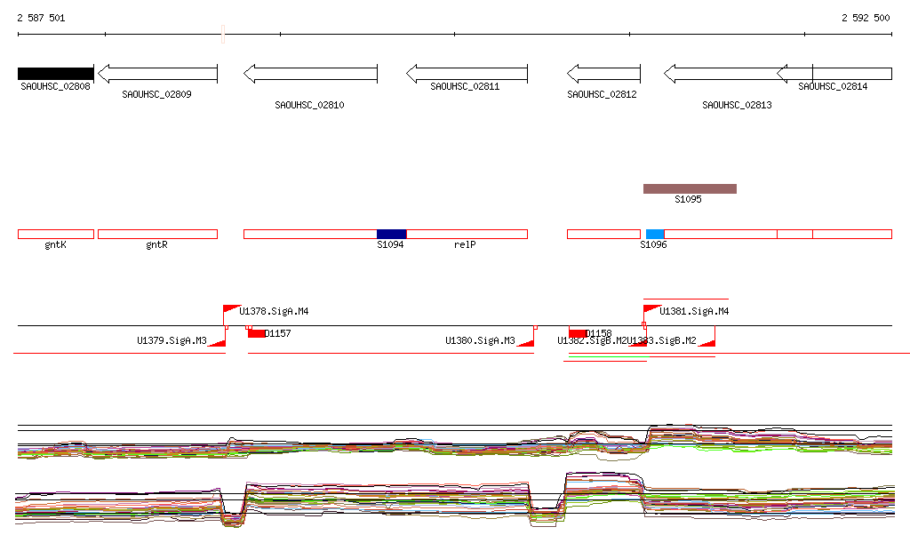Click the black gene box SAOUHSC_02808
55,74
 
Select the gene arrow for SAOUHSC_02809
157,74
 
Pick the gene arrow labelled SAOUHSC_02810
310,74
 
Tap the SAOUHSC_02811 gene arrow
467,74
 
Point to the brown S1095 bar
690,188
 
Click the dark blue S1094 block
391,234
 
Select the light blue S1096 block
655,234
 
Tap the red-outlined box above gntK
55,234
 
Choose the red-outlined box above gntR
157,234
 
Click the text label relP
465,244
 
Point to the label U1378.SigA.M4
274,312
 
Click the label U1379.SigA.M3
172,340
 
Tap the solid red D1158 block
578,333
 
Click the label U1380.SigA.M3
480,340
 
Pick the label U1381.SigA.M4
694,312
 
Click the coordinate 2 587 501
41,19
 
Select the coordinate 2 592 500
866,19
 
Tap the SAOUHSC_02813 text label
737,106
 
